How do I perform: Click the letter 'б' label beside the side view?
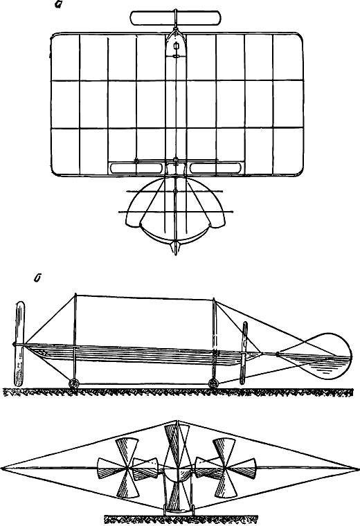(37, 278)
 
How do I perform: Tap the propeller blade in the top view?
(176, 18)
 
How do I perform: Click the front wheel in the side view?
(74, 383)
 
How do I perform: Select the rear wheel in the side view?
(213, 383)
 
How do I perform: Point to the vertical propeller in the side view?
(19, 343)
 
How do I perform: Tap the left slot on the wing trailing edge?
(136, 168)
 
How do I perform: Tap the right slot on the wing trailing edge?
(216, 168)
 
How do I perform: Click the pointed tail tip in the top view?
(175, 253)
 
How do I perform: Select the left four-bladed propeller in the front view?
(127, 468)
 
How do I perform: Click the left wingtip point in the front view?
(1, 468)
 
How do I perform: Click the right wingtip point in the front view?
(358, 468)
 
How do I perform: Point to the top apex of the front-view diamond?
(177, 421)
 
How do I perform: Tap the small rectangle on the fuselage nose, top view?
(176, 46)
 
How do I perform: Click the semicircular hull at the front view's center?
(177, 475)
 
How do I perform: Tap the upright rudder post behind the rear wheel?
(244, 353)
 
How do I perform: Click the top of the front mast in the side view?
(75, 295)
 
